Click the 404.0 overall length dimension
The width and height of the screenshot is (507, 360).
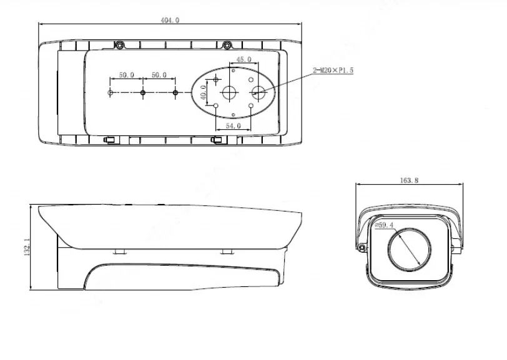[170, 20]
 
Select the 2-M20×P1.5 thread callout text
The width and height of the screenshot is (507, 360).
[333, 71]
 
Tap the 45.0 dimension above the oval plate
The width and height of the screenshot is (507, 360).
[244, 60]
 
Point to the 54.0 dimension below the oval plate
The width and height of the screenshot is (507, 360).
[232, 125]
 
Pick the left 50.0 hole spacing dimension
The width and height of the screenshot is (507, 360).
[127, 75]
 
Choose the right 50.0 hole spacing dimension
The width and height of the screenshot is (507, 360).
[159, 75]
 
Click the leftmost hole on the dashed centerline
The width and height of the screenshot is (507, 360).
[111, 92]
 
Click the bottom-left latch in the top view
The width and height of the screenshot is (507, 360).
[110, 140]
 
